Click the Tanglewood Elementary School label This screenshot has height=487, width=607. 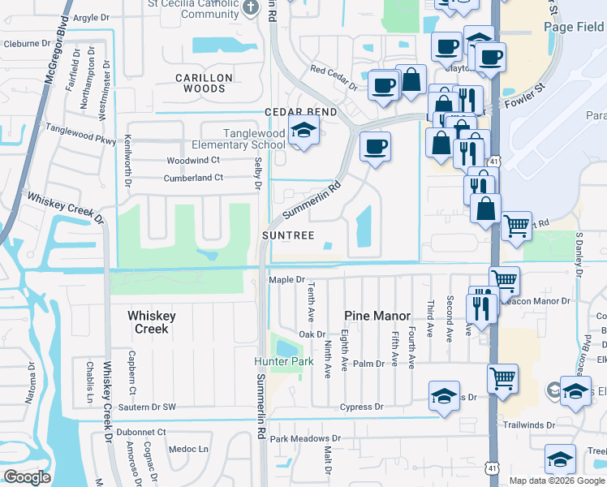coord(255,139)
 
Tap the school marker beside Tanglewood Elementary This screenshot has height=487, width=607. coord(303,131)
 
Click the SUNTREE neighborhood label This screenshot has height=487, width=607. coord(288,235)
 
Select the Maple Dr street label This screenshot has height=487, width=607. coord(286,281)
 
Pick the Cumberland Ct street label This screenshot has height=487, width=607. coord(192,178)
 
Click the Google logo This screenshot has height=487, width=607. coord(27,476)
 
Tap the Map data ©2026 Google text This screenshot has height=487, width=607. coord(556,481)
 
